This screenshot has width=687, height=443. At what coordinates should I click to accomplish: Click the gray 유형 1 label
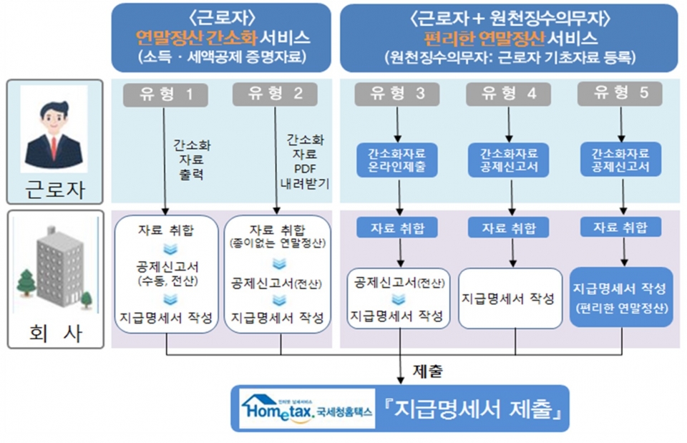click(165, 94)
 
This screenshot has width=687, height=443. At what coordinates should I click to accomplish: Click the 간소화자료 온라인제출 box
click(396, 160)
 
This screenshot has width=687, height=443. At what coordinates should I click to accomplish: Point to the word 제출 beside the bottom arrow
click(428, 371)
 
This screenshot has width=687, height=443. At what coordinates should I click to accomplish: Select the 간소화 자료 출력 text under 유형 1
click(191, 159)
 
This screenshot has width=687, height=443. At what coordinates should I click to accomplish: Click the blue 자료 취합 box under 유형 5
click(620, 228)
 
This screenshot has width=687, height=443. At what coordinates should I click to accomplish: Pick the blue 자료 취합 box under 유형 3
click(397, 228)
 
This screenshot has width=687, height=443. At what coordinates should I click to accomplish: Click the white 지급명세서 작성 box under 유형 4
click(509, 298)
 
